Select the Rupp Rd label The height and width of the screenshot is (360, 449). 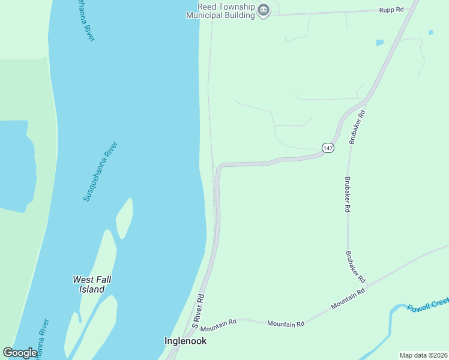[391, 10]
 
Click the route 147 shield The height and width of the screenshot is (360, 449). [328, 148]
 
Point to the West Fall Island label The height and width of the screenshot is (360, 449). [92, 284]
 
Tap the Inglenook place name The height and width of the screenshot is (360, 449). [185, 341]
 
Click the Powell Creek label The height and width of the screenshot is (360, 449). [428, 307]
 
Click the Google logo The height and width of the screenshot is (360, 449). [20, 353]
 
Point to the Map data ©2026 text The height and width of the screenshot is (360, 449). [423, 355]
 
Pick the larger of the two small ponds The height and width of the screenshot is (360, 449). [379, 43]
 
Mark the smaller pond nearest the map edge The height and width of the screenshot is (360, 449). [430, 32]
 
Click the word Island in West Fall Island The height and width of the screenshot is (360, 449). [92, 289]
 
